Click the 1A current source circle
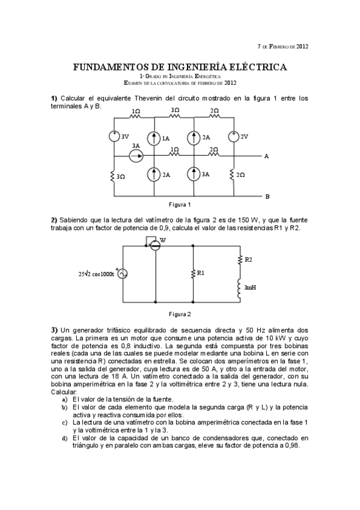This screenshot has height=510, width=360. tap(155, 137)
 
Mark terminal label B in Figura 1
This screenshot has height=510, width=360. tap(267, 196)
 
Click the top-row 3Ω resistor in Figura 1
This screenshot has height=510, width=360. tap(175, 117)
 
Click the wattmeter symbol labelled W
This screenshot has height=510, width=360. tap(155, 245)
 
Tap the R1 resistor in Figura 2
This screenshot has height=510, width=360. tap(193, 272)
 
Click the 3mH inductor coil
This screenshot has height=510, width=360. tap(240, 287)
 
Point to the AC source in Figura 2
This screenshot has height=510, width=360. tap(123, 274)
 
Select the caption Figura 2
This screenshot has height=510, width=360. tap(180, 314)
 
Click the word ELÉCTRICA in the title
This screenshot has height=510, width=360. tap(252, 67)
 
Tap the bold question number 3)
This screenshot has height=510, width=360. tap(54, 330)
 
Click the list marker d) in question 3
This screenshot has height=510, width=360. tap(64, 438)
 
